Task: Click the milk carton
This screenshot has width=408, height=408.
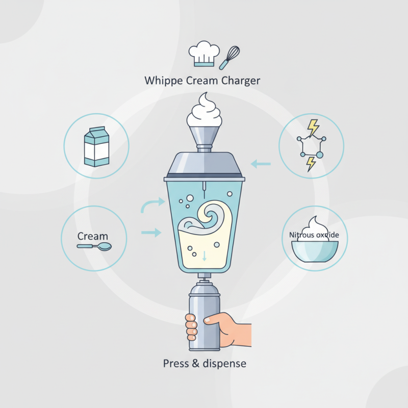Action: point(96,146)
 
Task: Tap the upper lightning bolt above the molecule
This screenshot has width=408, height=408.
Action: point(314,127)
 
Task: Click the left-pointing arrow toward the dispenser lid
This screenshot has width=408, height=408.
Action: point(261,164)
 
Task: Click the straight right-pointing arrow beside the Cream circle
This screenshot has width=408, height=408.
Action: point(150,233)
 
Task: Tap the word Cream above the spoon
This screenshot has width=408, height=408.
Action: point(93,236)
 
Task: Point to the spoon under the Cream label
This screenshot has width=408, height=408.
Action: point(94,247)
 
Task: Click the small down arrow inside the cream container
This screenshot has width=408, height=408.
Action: point(204,257)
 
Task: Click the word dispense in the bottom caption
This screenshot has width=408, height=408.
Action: point(221,364)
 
